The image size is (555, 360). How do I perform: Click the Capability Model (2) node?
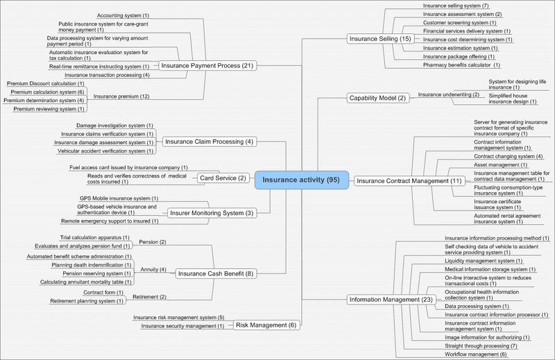377,98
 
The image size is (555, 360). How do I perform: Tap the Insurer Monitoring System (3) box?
211,212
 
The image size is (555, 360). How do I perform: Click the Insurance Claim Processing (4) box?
210,142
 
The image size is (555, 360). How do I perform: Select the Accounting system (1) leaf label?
123,15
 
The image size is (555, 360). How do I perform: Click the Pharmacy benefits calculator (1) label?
461,65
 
